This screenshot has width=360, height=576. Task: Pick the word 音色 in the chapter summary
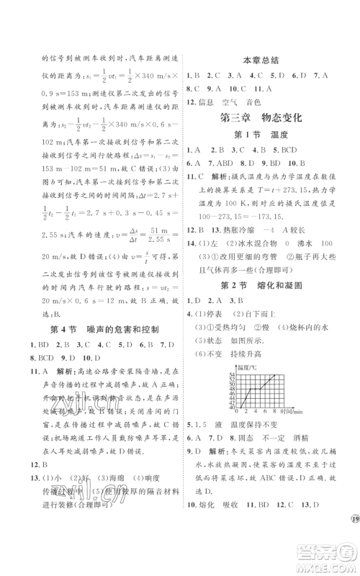tap(271, 103)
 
